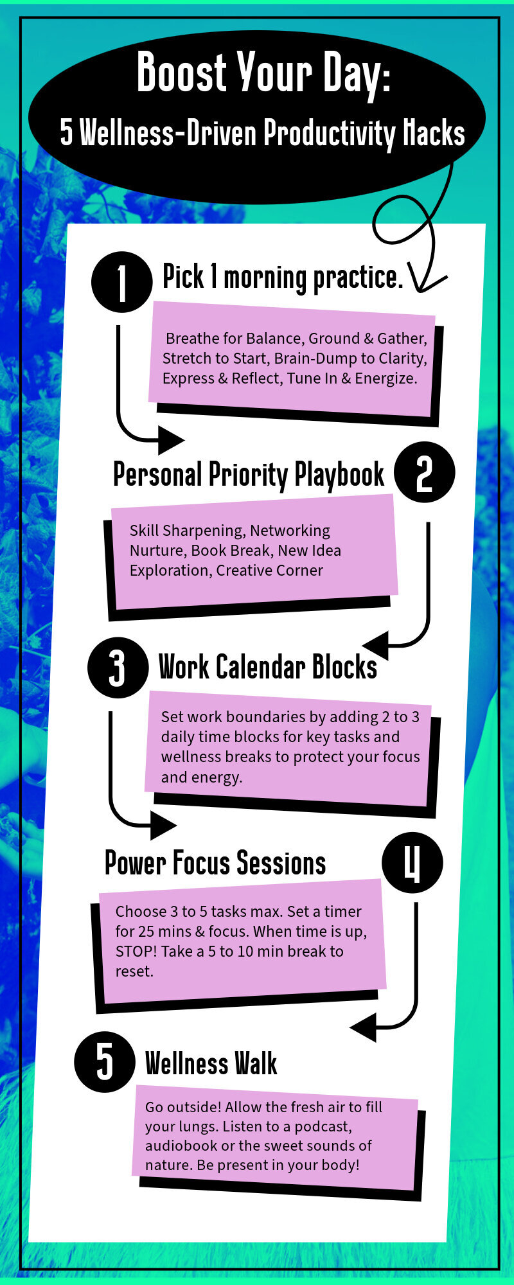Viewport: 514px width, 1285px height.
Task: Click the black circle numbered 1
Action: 122,283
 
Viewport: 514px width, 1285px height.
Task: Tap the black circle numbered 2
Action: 424,472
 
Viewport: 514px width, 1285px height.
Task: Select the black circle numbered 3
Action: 118,668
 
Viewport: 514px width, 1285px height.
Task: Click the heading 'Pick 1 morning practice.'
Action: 283,278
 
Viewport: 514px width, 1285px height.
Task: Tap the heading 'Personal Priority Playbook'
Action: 249,475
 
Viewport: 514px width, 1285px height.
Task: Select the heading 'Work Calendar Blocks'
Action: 268,667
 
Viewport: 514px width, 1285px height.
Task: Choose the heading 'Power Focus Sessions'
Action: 215,863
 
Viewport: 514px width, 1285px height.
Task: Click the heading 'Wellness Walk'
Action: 211,1063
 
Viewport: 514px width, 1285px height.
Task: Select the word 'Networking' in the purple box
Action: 290,531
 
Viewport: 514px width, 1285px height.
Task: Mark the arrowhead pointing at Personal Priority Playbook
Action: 171,440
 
